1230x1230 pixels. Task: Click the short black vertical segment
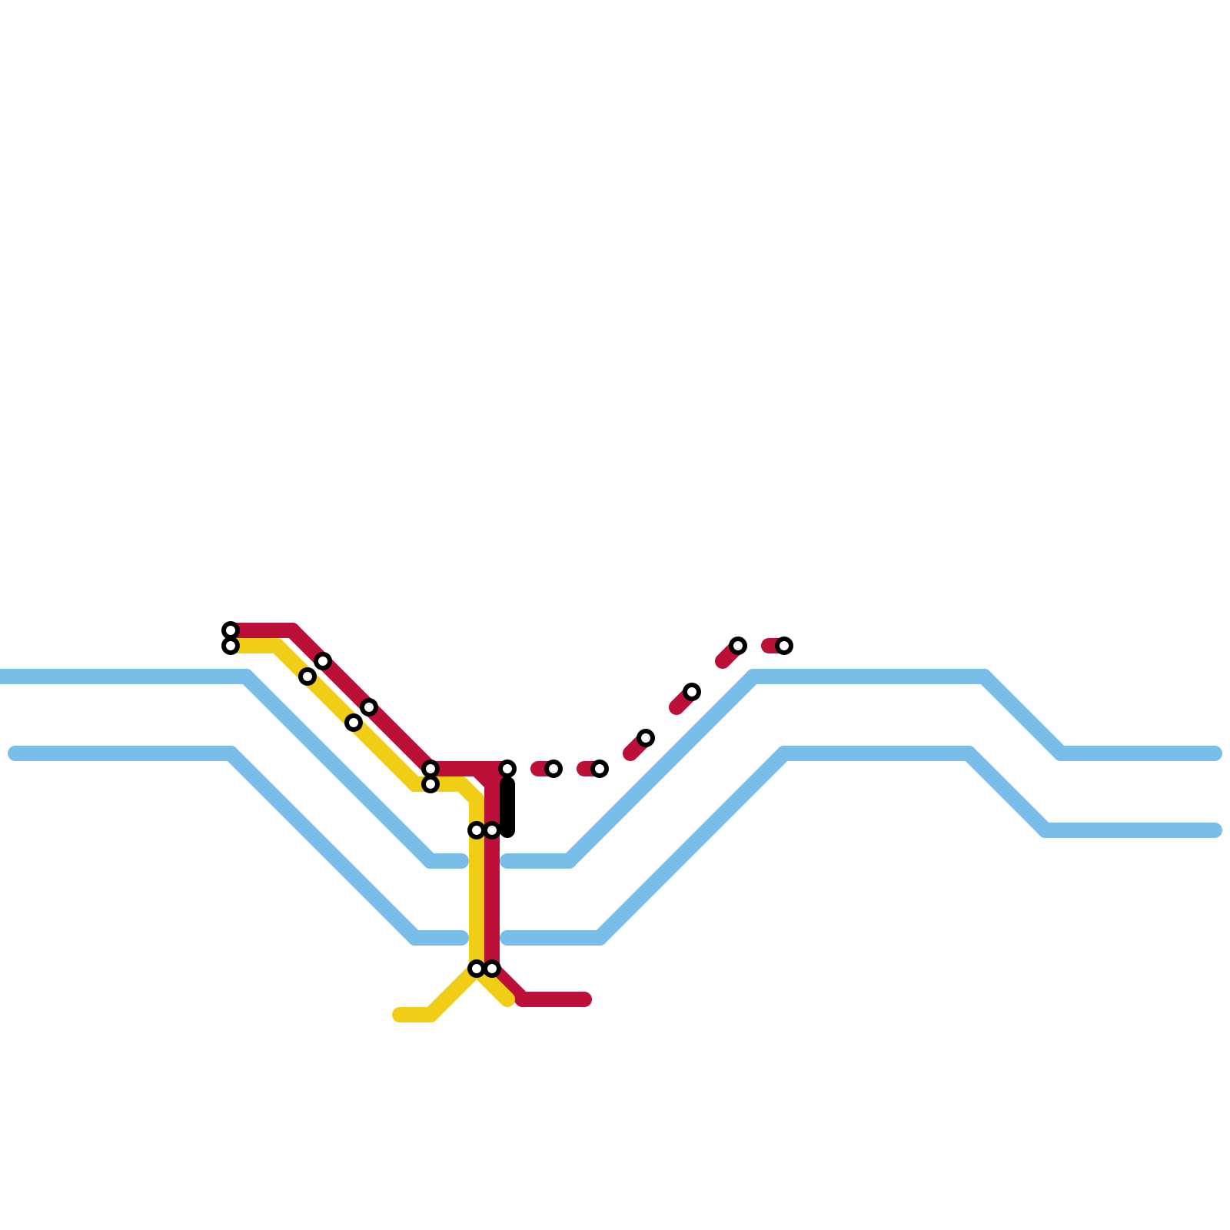click(507, 807)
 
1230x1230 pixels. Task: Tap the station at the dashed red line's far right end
click(784, 646)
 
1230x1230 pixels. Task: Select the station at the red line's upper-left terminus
click(231, 630)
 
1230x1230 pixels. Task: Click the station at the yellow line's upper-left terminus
click(231, 646)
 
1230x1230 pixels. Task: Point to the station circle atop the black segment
click(507, 769)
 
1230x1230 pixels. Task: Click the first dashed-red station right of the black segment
click(553, 769)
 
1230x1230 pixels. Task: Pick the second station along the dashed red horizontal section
click(600, 769)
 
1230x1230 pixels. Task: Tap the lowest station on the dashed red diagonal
click(646, 738)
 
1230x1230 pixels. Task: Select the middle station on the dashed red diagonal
click(692, 692)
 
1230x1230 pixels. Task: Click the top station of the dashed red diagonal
click(738, 646)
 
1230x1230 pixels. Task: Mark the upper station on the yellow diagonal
click(307, 676)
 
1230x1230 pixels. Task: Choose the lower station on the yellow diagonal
click(354, 723)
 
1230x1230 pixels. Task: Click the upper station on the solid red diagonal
click(323, 661)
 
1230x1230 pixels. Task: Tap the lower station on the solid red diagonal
click(369, 707)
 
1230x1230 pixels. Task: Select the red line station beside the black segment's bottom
click(492, 830)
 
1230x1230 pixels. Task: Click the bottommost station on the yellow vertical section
click(477, 969)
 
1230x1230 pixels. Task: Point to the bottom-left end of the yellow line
click(398, 1015)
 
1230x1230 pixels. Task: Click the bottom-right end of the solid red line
click(586, 999)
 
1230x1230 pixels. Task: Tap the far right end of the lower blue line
click(1216, 830)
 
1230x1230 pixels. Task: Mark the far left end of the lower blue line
click(14, 753)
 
